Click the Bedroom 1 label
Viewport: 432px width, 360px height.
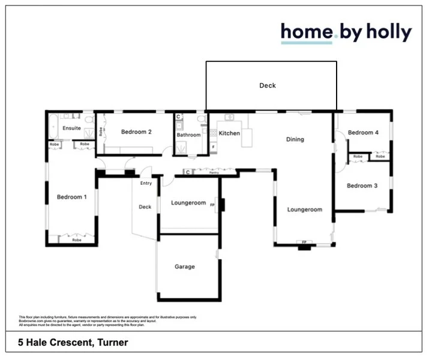[71, 197]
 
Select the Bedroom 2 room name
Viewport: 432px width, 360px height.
[136, 132]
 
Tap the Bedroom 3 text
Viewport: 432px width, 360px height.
[362, 186]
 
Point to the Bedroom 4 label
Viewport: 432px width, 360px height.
[363, 133]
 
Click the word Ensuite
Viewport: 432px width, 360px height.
[71, 128]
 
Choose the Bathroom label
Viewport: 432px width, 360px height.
[188, 135]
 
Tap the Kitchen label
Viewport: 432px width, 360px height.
[229, 133]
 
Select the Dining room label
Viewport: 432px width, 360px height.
[295, 139]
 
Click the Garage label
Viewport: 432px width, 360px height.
[185, 266]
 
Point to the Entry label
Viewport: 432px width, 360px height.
[146, 183]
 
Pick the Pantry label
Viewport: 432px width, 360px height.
[213, 172]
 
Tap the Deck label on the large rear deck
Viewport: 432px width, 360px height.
[268, 86]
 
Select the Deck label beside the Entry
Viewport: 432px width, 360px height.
[145, 207]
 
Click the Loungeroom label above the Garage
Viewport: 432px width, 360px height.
[188, 203]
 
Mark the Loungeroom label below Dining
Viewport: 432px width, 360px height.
[305, 210]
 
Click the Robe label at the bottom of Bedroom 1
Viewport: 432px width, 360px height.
[77, 239]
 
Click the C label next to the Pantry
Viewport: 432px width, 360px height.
[187, 172]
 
